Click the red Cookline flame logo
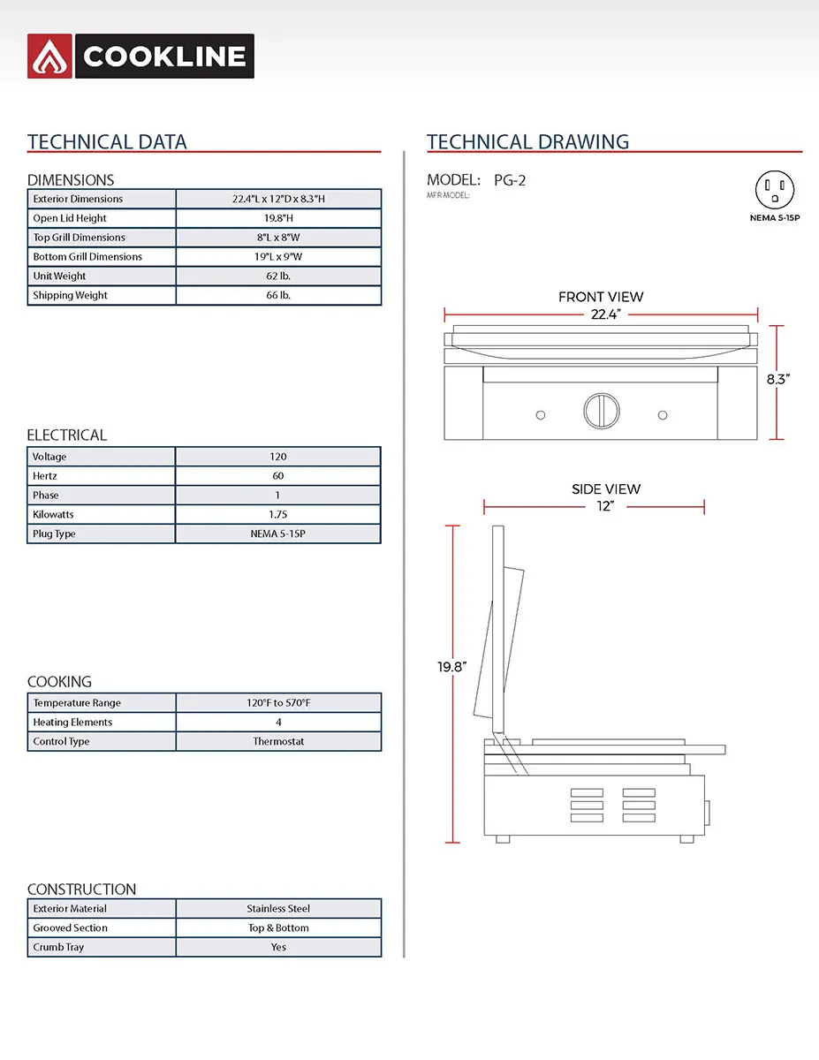[49, 57]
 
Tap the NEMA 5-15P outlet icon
[775, 190]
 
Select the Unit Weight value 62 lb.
[278, 276]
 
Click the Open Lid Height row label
[70, 218]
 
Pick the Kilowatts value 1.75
[278, 514]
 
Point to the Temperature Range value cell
[278, 702]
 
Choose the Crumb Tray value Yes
[278, 947]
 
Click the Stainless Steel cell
[278, 908]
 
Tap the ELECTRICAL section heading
[67, 435]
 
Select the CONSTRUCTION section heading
[82, 890]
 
